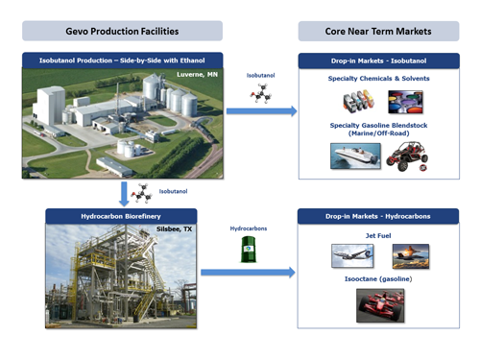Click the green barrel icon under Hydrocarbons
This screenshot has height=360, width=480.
247,252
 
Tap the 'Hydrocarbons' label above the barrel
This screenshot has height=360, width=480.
248,229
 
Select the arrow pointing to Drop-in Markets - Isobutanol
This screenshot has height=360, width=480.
260,111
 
